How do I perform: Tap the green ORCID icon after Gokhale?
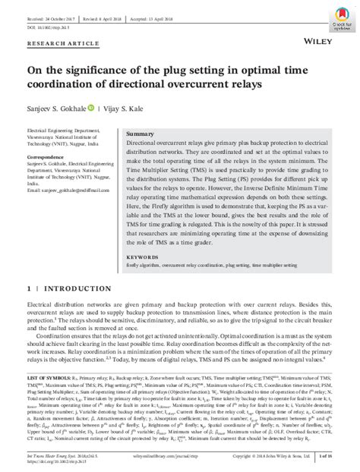[93, 109]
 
